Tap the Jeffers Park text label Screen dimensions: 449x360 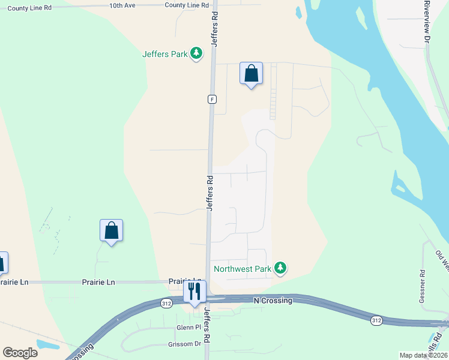point(165,54)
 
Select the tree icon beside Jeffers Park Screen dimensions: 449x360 point(196,54)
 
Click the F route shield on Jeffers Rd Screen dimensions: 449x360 point(212,99)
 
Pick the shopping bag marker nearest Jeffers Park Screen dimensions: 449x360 point(252,74)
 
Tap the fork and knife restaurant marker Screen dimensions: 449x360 point(194,292)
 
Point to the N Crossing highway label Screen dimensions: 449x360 point(273,300)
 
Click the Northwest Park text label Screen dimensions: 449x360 point(243,269)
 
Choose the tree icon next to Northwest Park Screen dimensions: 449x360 point(279,268)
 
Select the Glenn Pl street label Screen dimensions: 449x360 point(188,328)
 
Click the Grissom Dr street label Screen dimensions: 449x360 point(184,344)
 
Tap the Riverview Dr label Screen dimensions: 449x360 point(427,21)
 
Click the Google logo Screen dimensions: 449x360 point(20,352)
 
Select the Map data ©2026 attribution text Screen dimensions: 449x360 point(423,355)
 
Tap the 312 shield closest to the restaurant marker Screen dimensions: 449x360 point(166,304)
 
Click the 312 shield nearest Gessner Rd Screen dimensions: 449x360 point(376,320)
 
